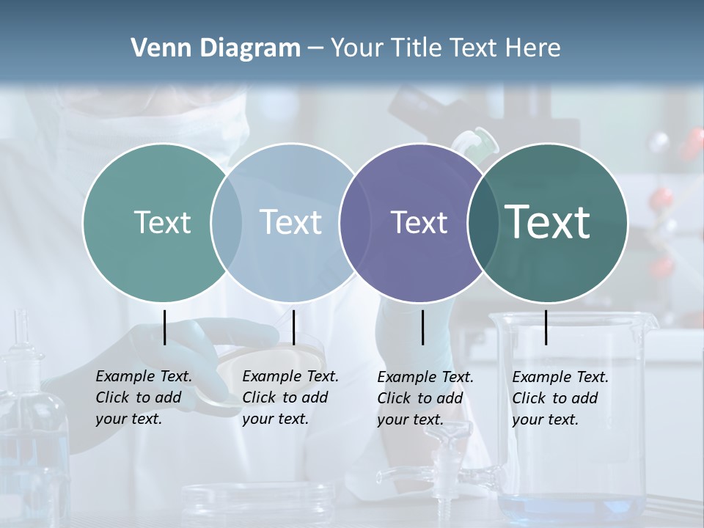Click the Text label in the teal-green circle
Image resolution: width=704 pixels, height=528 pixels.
click(162, 222)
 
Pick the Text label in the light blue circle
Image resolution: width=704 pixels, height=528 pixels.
click(290, 222)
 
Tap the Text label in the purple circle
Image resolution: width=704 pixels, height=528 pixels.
click(419, 222)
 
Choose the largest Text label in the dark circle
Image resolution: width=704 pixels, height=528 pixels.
click(548, 221)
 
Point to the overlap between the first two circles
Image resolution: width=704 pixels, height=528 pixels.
click(226, 222)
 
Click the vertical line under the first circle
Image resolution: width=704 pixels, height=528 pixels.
click(164, 327)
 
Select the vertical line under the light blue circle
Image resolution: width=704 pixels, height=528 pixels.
click(293, 327)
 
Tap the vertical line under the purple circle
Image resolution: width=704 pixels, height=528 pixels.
click(422, 327)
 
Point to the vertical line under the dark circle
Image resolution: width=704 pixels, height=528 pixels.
click(546, 327)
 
